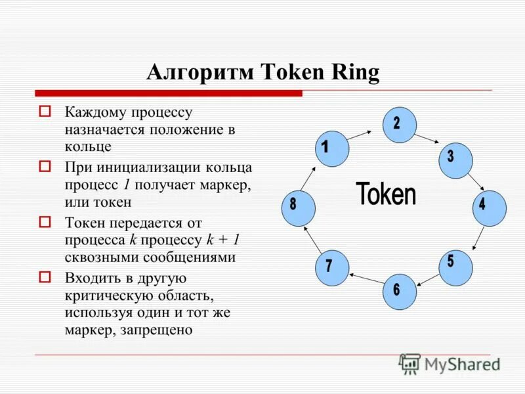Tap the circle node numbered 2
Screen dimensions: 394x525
click(400, 125)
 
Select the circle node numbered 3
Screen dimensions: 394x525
click(455, 161)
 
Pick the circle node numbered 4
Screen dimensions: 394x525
click(490, 209)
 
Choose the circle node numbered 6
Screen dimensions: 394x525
click(400, 291)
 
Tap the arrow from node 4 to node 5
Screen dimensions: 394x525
click(479, 240)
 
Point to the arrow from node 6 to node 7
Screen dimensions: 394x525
click(366, 280)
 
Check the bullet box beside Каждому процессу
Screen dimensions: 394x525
click(45, 111)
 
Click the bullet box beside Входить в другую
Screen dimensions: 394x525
click(45, 276)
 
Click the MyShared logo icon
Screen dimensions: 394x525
click(410, 364)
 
